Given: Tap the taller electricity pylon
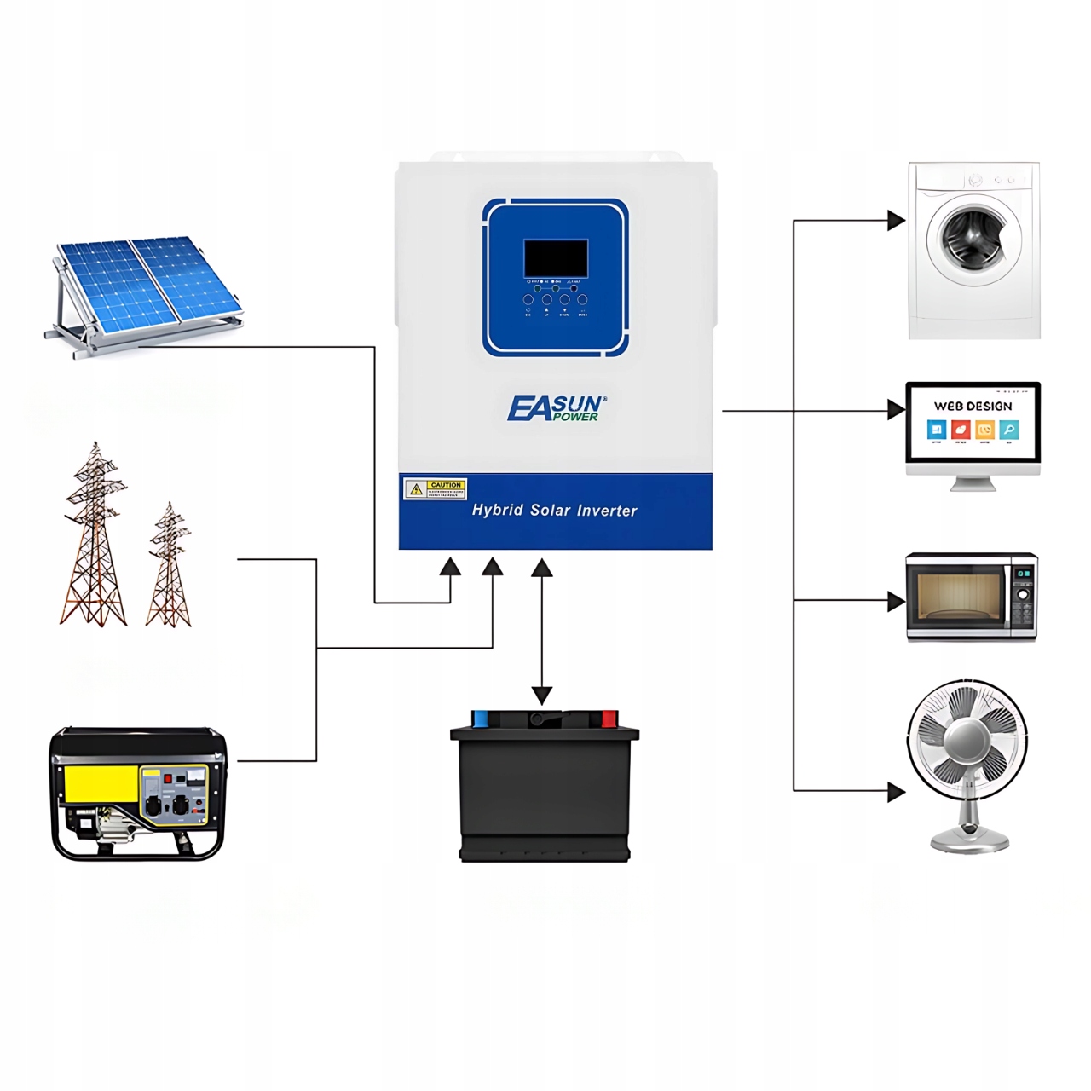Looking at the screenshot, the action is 95,537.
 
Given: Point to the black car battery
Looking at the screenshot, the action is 545,793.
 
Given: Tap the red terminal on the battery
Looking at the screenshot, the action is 609,719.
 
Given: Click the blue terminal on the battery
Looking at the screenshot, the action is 480,719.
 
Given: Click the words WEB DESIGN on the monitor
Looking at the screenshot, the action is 973,407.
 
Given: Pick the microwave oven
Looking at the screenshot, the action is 971,597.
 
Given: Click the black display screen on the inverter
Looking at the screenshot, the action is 555,257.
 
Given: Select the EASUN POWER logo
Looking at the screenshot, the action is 557,408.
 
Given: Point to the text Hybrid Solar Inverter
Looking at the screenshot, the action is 554,511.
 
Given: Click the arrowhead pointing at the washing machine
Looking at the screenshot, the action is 895,221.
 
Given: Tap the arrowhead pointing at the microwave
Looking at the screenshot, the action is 895,601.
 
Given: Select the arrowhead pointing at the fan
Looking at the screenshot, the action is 895,791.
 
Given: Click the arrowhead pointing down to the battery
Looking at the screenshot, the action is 541,695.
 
